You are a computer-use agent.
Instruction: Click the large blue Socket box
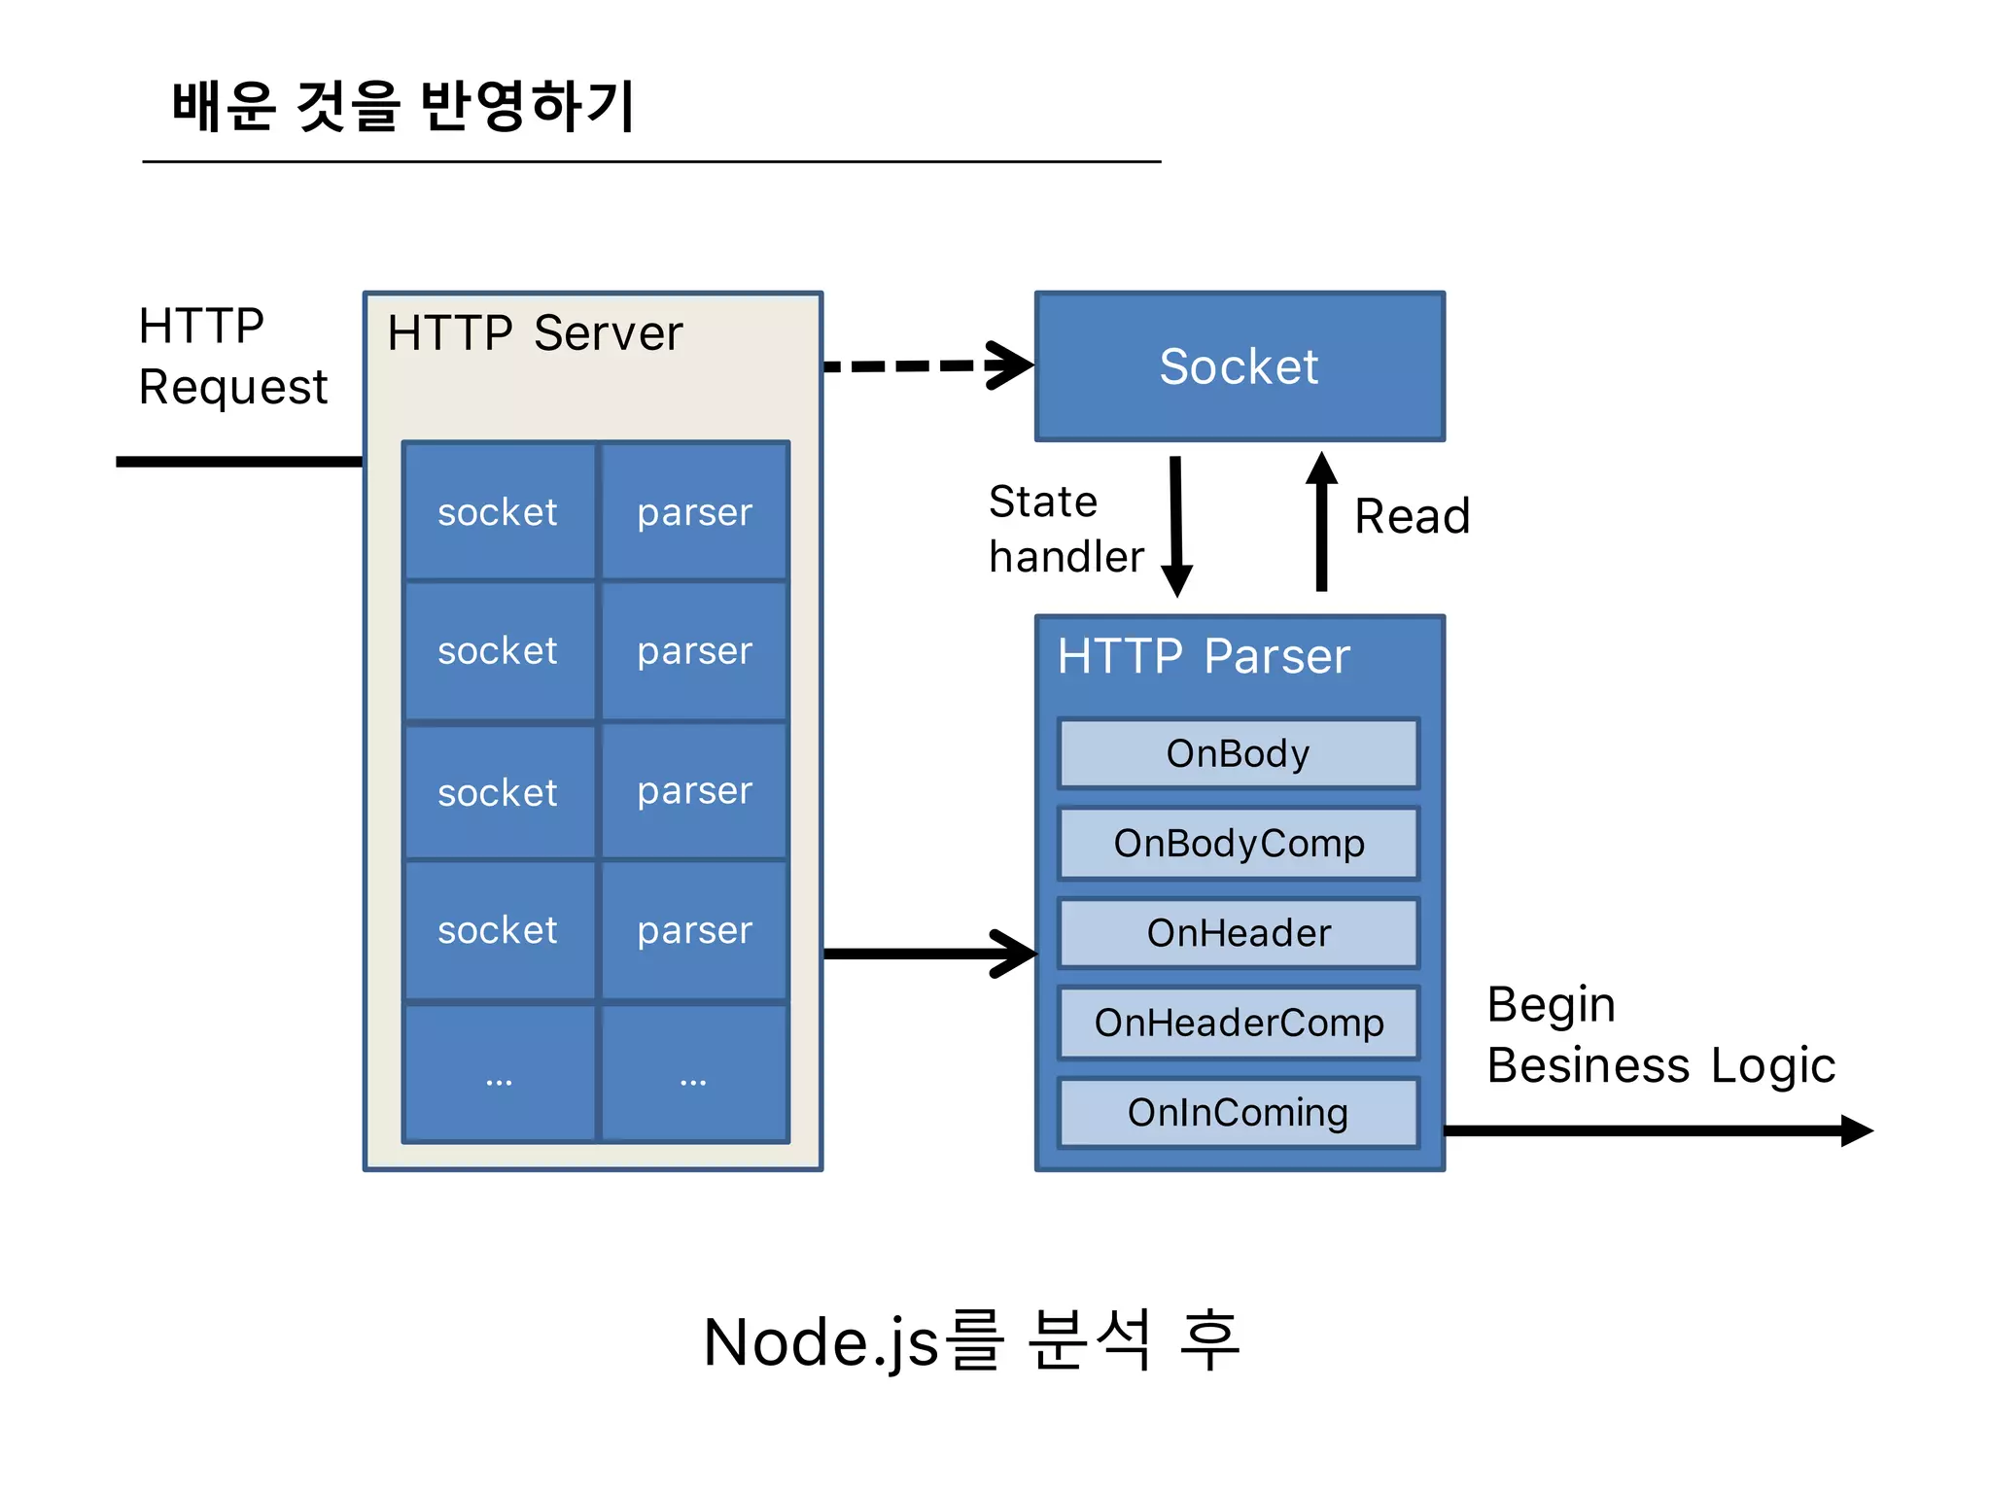click(1240, 366)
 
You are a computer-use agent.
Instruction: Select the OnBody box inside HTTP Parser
click(1238, 753)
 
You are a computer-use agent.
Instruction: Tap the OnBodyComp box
click(1238, 843)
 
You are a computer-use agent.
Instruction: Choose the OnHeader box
click(1238, 933)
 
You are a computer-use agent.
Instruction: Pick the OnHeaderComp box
click(1238, 1023)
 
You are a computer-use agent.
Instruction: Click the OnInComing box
click(1238, 1112)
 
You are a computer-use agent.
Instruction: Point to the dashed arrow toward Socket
click(924, 365)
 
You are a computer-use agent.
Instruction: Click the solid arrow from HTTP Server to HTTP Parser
click(924, 954)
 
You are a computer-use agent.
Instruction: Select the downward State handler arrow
click(1176, 525)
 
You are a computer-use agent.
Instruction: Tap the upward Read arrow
click(1321, 525)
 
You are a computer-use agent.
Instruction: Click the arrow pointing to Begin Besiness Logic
click(1653, 1130)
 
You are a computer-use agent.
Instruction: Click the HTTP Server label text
click(535, 333)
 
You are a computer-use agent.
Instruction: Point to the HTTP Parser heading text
click(1204, 656)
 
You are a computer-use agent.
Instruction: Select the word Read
click(1412, 516)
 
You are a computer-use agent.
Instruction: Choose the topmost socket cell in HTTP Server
click(498, 512)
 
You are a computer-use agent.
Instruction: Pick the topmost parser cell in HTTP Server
click(694, 512)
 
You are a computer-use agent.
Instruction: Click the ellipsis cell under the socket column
click(499, 1074)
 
